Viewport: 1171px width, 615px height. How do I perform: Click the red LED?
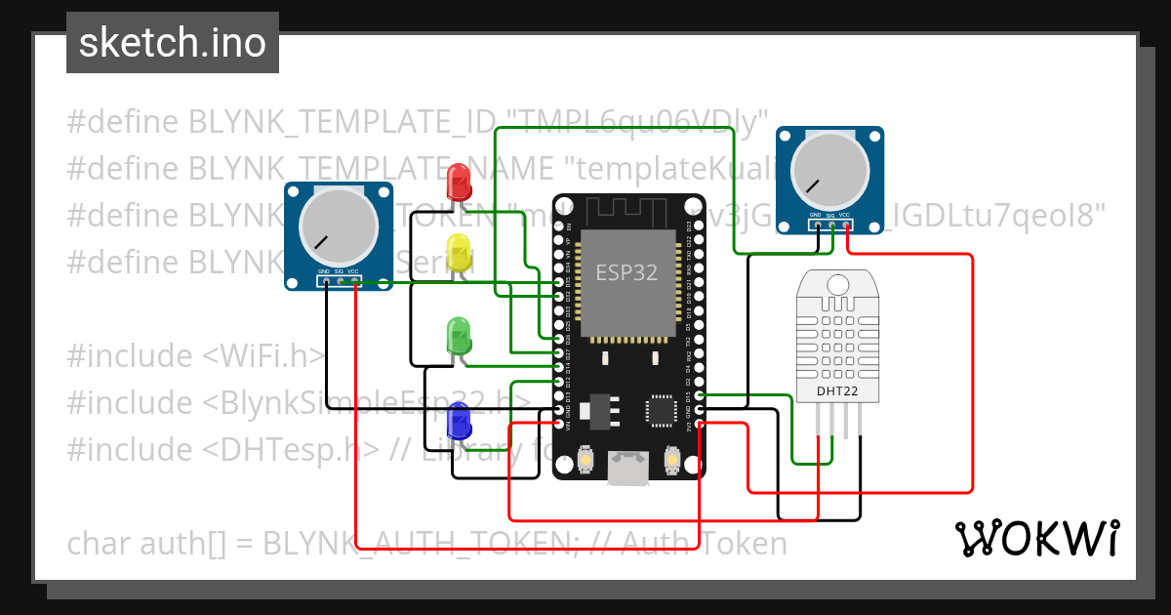pos(457,183)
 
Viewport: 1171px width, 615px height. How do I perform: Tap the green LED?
pos(458,335)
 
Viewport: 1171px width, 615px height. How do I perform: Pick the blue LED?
pos(458,422)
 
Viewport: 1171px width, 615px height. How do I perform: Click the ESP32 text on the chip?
pos(626,272)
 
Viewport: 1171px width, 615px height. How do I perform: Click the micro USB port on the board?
pos(626,469)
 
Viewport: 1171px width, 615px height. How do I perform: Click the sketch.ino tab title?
pos(173,43)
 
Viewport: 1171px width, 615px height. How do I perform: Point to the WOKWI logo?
pos(1036,538)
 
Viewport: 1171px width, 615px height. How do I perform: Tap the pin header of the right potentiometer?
pos(829,225)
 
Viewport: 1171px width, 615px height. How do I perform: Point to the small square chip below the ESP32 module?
pos(661,410)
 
